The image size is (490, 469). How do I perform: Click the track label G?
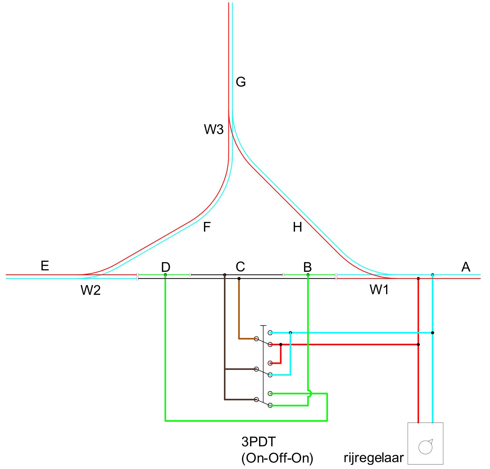pos(241,82)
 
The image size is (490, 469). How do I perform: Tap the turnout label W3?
pos(214,129)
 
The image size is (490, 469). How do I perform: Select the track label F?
pos(207,227)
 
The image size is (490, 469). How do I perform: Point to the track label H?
pos(297,227)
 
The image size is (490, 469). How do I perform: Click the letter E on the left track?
pos(45,266)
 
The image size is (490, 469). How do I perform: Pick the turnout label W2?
pos(90,290)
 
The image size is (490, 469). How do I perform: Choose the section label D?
pos(166,267)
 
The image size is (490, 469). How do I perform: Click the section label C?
pos(240,267)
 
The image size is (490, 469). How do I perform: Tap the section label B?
pos(307,267)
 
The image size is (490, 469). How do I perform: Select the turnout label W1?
pos(379,290)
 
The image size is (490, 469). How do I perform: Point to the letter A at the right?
pos(466,267)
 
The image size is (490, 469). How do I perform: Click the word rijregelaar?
pos(374,457)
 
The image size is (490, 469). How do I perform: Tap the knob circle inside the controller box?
pos(425,447)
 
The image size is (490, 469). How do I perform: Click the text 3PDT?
pos(259,442)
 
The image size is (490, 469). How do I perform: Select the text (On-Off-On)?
pos(277,458)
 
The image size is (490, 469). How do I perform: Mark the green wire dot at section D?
pos(165,275)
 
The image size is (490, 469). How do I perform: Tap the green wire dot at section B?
pos(308,275)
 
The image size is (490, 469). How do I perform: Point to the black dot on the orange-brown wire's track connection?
pos(239,279)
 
